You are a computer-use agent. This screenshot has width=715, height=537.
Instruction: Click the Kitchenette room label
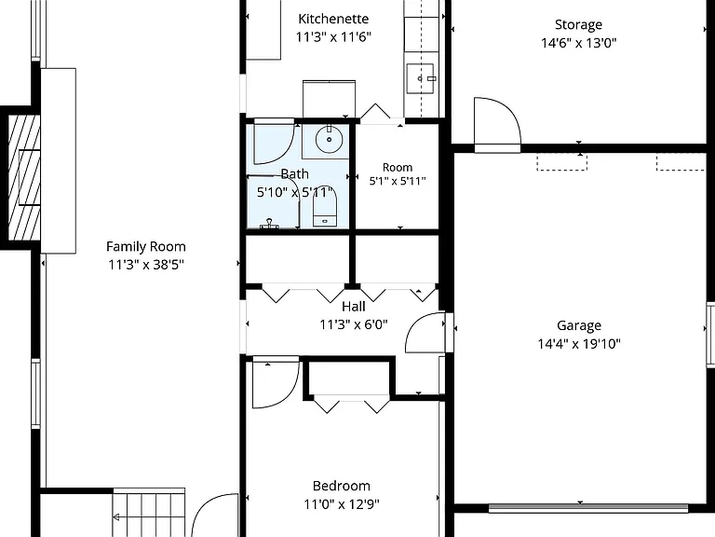tap(333, 19)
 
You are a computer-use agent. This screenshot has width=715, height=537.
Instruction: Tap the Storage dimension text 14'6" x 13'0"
tap(579, 43)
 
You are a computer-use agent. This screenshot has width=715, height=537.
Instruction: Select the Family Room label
tap(146, 246)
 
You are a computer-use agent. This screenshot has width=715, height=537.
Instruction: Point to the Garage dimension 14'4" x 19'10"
tap(579, 343)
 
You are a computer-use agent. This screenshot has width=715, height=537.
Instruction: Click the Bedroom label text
tap(342, 486)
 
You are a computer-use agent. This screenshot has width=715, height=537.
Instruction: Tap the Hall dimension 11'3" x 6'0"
tap(354, 324)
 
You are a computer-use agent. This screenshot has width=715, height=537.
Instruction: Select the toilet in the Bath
tap(325, 207)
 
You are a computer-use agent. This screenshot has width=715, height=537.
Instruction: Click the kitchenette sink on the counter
tap(421, 78)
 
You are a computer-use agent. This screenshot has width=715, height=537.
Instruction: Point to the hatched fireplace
tap(24, 177)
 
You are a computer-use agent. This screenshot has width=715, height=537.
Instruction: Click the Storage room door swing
tap(497, 122)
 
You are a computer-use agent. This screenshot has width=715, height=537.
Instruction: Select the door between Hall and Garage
tap(425, 333)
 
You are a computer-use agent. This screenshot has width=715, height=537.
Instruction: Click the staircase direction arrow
tap(115, 517)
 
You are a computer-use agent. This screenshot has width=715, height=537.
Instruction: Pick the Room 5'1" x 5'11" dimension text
tap(398, 181)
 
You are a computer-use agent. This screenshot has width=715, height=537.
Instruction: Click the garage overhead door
tap(588, 508)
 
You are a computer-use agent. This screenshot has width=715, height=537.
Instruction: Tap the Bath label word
tap(294, 174)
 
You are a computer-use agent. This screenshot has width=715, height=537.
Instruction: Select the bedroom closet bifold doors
tap(352, 405)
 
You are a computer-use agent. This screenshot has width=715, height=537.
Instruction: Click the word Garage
tap(579, 325)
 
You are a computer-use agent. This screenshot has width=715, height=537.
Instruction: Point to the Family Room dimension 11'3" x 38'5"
tap(146, 265)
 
